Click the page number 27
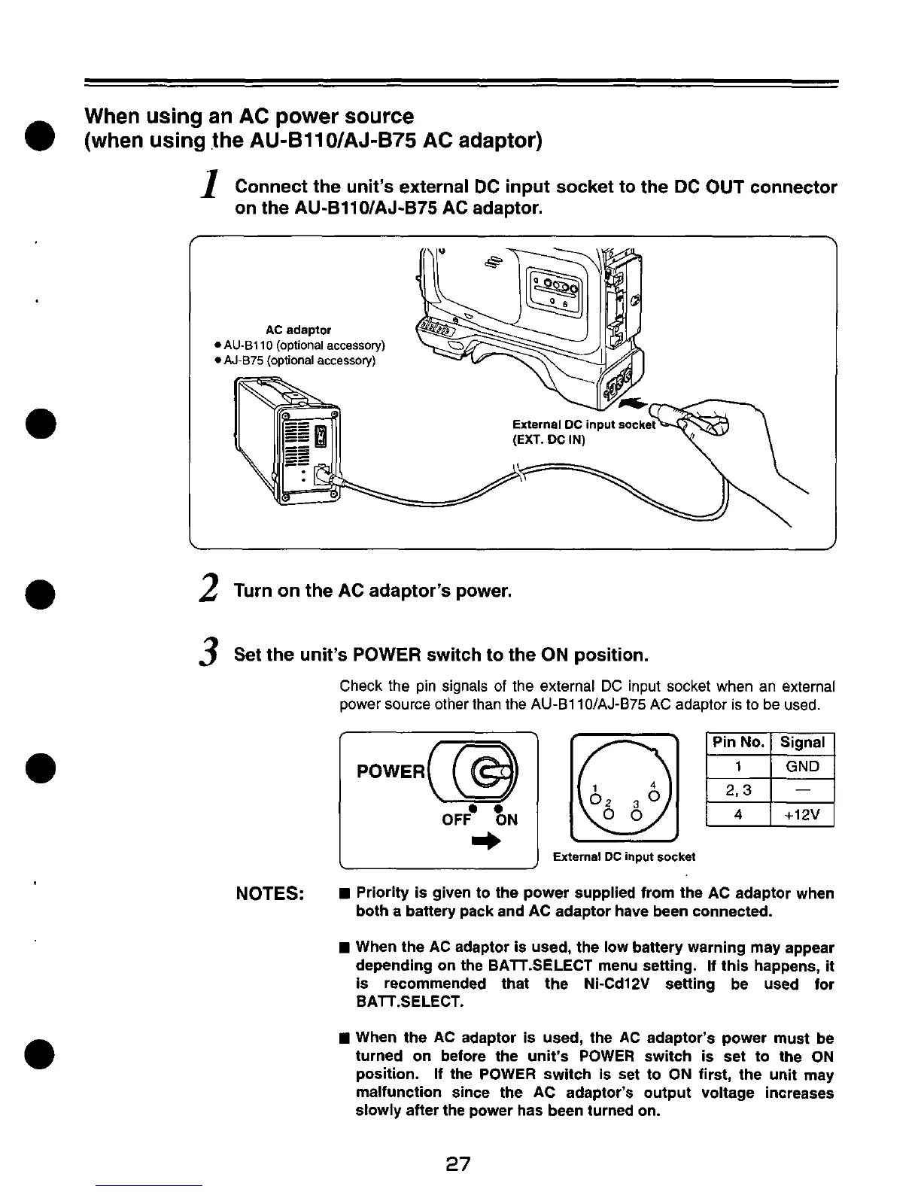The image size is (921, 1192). (x=457, y=1164)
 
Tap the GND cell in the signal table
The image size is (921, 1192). (x=802, y=767)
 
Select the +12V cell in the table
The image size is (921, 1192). (x=802, y=815)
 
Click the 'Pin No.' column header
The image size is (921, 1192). (x=738, y=743)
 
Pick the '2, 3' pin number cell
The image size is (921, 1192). (x=738, y=791)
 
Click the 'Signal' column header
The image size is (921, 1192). (x=802, y=743)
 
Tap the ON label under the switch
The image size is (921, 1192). (x=506, y=819)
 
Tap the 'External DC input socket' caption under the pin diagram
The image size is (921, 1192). (x=624, y=856)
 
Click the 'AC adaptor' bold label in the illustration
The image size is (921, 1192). (x=299, y=330)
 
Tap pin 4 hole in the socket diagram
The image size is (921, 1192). (x=653, y=796)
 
